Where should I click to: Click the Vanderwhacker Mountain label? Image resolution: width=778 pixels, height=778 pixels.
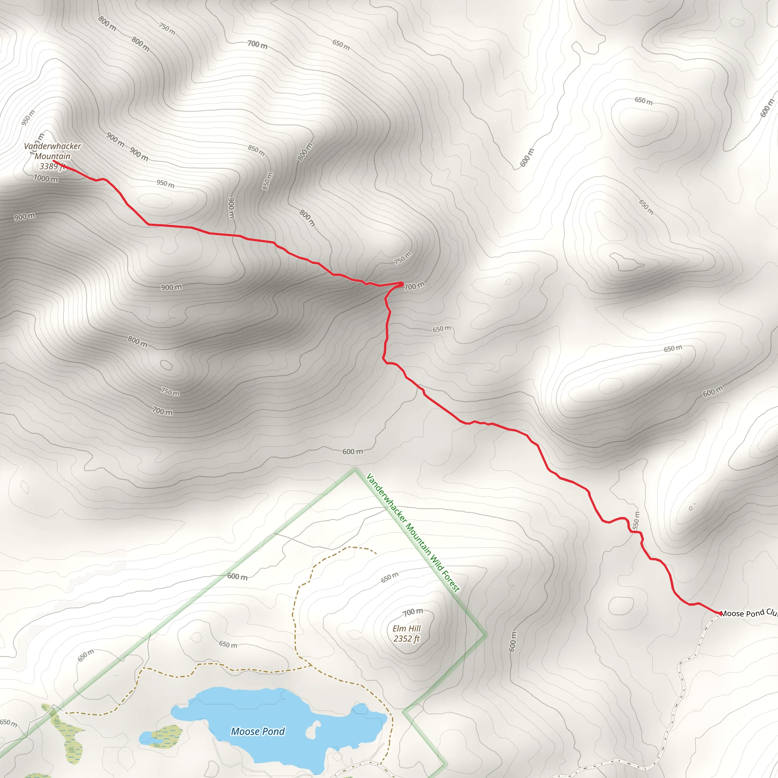[x=52, y=151]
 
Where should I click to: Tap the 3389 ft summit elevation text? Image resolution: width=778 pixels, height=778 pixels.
[x=52, y=166]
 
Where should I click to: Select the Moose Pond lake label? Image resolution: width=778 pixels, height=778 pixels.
[x=258, y=731]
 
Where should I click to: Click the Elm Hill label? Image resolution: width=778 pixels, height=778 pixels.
[x=407, y=629]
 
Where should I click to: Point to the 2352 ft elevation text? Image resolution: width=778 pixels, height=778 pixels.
[x=407, y=639]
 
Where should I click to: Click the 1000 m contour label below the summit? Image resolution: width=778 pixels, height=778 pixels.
[x=46, y=179]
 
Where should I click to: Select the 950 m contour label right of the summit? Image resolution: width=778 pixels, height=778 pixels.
[x=166, y=183]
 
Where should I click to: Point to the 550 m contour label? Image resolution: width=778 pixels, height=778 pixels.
[x=636, y=520]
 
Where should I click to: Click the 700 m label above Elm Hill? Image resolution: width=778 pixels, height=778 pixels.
[x=413, y=612]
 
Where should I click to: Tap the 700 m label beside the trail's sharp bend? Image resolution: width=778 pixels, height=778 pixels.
[x=414, y=286]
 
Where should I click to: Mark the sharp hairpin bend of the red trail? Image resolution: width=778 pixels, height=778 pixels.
[x=402, y=284]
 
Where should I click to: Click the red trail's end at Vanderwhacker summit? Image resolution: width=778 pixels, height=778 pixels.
[x=54, y=161]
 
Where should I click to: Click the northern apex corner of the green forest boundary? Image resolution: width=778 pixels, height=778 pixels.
[x=355, y=470]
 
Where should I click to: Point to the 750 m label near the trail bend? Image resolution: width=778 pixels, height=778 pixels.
[x=403, y=258]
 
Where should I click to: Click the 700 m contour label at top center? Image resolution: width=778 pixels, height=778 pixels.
[x=257, y=44]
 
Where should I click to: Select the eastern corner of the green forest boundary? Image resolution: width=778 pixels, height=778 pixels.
[x=485, y=636]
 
